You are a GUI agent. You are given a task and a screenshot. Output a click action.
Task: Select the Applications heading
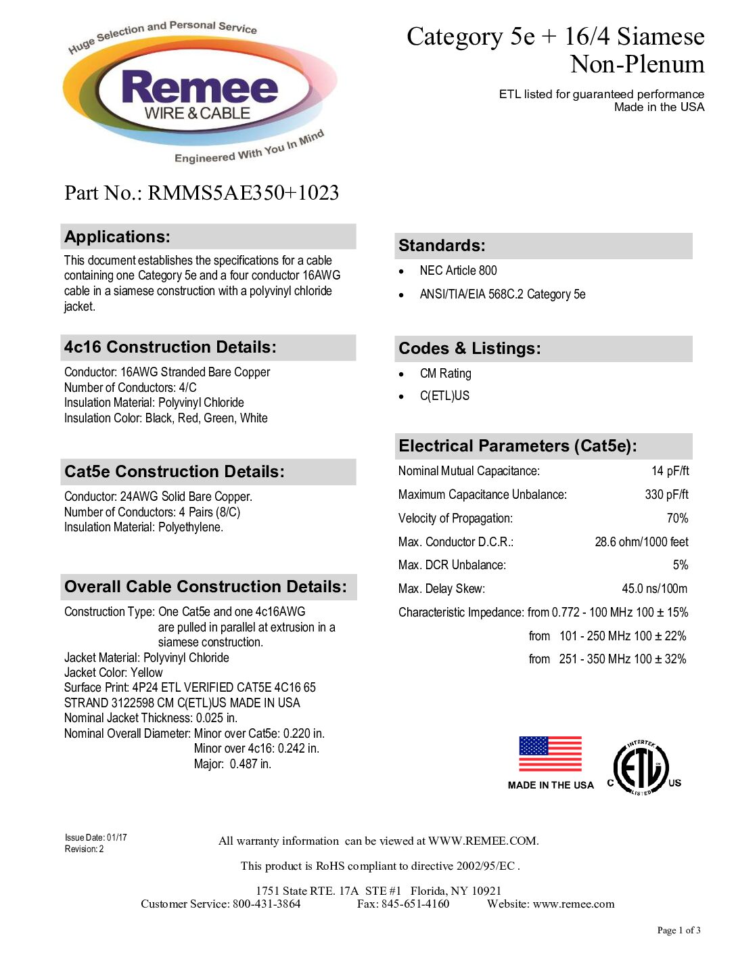coord(118,237)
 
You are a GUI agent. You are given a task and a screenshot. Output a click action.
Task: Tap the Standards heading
coord(442,246)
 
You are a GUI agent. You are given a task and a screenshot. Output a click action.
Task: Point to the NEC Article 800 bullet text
coord(458,271)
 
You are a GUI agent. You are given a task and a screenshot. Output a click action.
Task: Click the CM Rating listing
coord(445,374)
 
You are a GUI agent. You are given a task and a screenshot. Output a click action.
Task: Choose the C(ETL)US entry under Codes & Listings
coord(444,396)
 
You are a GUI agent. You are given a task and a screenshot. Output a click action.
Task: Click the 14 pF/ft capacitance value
coord(670,471)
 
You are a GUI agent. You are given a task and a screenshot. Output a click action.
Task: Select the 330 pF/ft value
coord(666,495)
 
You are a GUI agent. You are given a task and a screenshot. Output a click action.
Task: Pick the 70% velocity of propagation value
coord(677,518)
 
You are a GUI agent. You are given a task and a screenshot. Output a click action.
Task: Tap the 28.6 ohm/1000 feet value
coord(641,542)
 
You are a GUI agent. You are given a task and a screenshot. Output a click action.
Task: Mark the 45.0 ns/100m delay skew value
coord(654,589)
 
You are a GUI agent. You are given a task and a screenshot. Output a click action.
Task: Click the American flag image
coord(550,754)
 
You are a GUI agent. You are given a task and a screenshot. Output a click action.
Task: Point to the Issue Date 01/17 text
coord(96,838)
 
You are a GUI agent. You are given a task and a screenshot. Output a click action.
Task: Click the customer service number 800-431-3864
coord(267,904)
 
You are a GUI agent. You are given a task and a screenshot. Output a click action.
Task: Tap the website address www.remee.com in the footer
coord(574,904)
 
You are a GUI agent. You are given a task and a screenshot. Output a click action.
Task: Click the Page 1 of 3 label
coord(678,931)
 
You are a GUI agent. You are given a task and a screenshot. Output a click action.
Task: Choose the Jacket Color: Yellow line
coord(114,673)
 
